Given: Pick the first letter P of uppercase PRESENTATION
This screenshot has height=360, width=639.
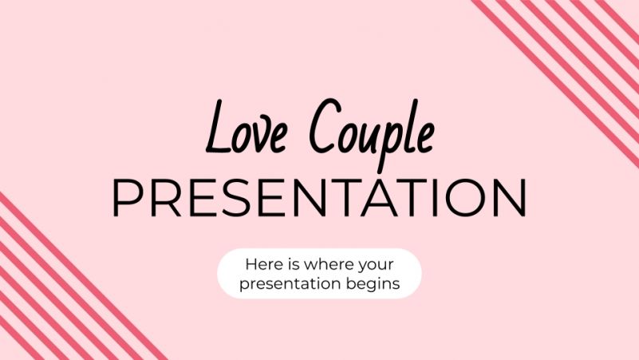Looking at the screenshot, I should (x=125, y=199).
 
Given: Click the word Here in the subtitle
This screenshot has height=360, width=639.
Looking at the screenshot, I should (x=261, y=263).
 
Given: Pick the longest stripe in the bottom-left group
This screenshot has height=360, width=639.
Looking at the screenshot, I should (x=80, y=275).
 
